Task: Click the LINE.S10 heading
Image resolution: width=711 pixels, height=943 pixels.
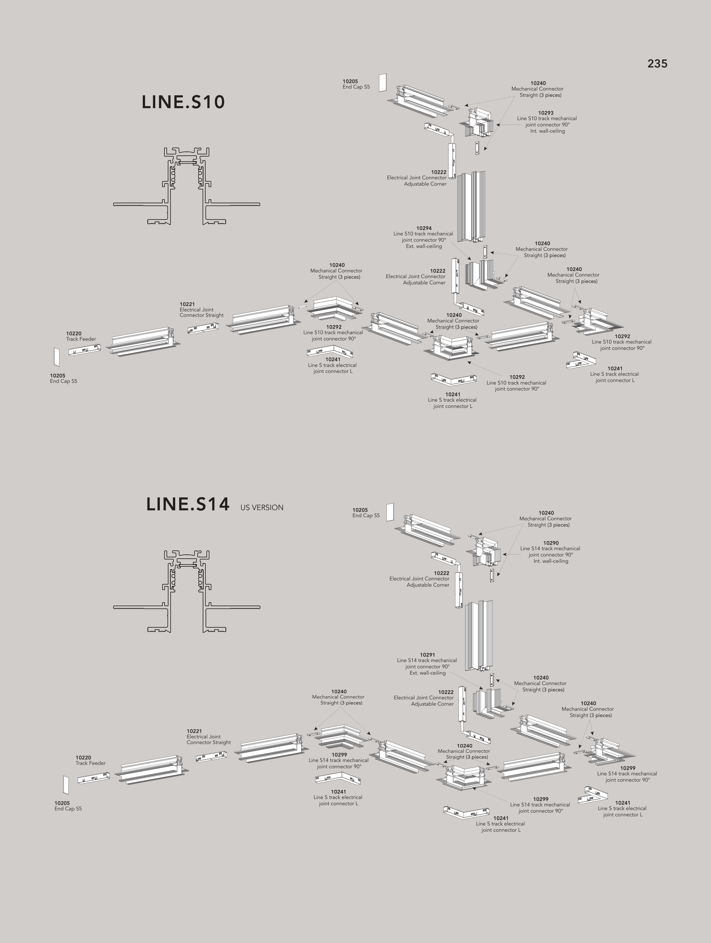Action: pos(183,102)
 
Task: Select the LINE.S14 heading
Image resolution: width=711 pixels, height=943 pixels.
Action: pos(187,504)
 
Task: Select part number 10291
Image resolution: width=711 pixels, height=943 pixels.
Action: pos(427,655)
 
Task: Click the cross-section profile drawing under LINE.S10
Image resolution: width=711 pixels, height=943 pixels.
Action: pos(187,186)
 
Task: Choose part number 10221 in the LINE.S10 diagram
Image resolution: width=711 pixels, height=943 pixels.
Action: pos(187,304)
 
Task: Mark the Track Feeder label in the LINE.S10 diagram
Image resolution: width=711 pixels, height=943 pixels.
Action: pos(81,339)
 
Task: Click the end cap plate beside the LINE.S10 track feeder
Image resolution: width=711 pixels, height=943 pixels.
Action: pos(56,357)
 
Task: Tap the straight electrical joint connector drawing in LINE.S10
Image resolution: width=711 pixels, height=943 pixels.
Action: pos(203,328)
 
